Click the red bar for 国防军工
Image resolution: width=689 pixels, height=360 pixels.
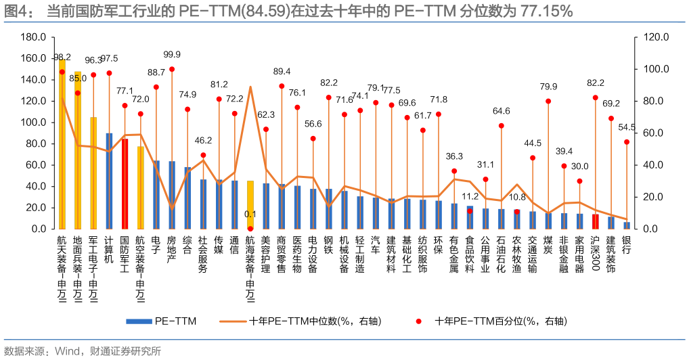(125, 183)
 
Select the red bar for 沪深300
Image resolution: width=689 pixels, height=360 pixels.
(596, 221)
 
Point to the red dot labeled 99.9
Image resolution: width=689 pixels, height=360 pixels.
(172, 69)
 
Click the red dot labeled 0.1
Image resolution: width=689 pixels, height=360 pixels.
(250, 228)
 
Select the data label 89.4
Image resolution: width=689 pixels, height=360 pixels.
(282, 71)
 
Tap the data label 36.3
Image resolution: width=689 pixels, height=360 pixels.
(454, 156)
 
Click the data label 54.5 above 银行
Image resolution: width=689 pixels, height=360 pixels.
(627, 127)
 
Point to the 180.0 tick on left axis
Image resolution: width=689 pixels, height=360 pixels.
(33, 37)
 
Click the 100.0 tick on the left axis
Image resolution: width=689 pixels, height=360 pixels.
(33, 122)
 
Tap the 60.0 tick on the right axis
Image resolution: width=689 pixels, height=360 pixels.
(656, 133)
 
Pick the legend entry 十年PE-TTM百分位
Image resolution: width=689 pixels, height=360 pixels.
(501, 321)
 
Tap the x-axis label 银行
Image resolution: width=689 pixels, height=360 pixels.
(627, 246)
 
